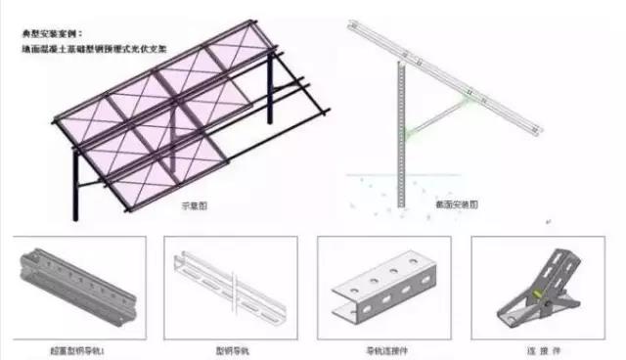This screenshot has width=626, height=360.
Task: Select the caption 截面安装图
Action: [456, 206]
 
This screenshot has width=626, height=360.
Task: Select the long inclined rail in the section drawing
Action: [450, 78]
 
